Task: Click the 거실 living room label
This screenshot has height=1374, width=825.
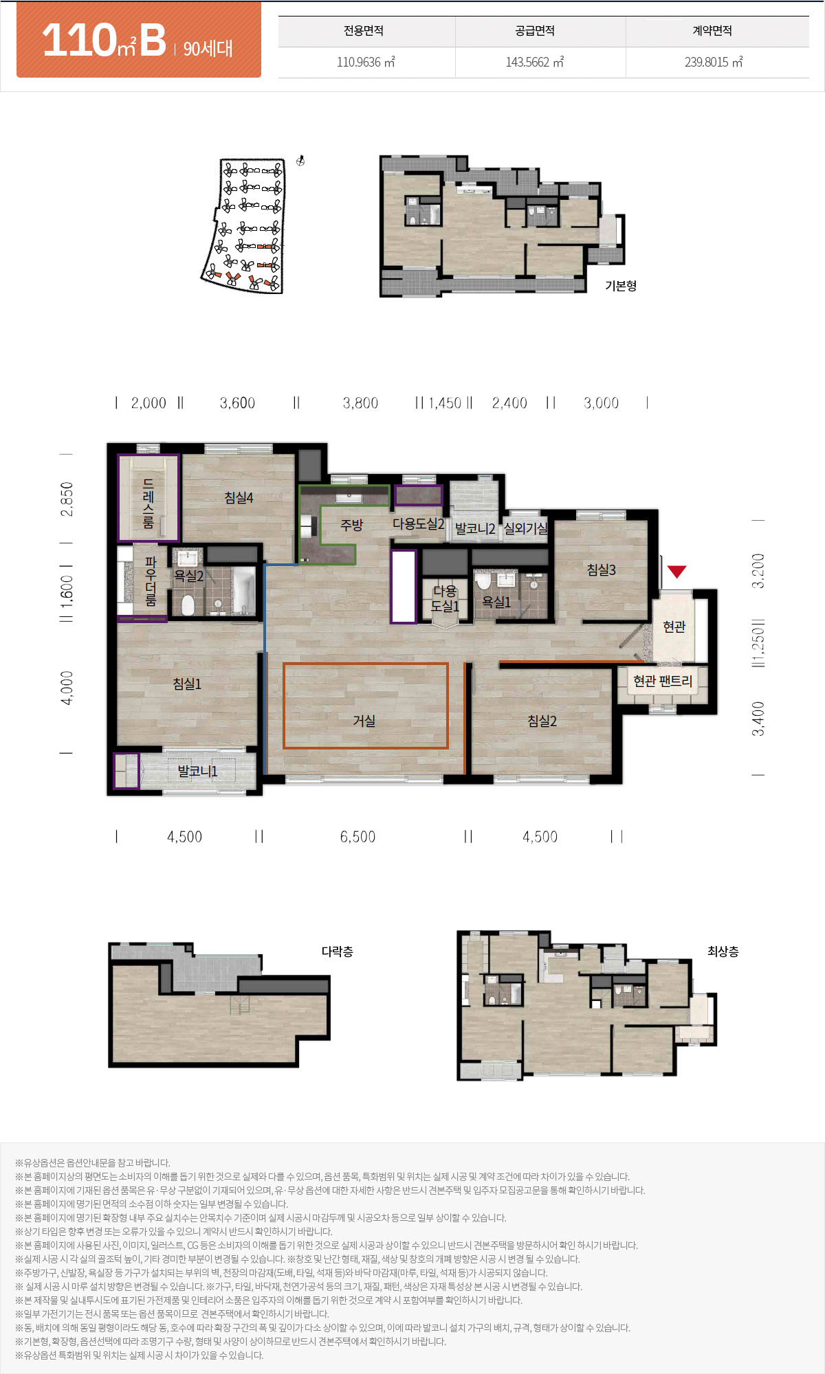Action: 364,721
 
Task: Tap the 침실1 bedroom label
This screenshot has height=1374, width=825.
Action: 187,684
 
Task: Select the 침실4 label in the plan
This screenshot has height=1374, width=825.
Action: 239,497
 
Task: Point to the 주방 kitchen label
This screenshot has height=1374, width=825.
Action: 351,525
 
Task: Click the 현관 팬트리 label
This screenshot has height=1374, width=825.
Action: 663,681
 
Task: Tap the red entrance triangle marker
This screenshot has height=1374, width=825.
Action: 677,571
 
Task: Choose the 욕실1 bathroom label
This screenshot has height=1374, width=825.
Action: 496,602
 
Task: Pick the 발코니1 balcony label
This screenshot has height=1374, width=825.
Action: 197,771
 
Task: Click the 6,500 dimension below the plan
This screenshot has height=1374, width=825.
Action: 357,837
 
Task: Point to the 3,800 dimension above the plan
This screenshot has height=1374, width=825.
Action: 360,403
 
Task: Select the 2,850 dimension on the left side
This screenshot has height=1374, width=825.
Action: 67,499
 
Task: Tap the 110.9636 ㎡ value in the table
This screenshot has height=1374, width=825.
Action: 366,62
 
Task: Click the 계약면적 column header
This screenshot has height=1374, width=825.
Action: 712,31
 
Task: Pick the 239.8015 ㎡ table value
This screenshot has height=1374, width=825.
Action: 714,62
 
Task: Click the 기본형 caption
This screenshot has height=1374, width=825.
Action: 621,286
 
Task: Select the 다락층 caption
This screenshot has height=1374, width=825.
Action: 338,951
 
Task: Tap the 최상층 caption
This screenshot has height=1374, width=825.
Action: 723,951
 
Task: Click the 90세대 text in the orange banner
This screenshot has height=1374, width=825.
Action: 208,48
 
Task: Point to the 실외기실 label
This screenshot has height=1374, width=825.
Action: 526,528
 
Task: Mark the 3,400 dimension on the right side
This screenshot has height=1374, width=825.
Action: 758,719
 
